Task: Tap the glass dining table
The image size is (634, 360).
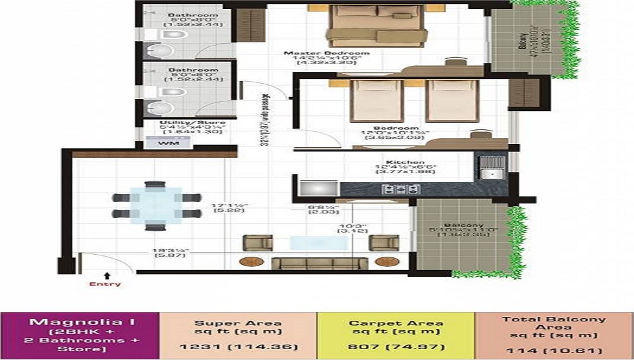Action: [156, 206]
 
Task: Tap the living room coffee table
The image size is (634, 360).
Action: [314, 243]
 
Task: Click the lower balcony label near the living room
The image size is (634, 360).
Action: [463, 225]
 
